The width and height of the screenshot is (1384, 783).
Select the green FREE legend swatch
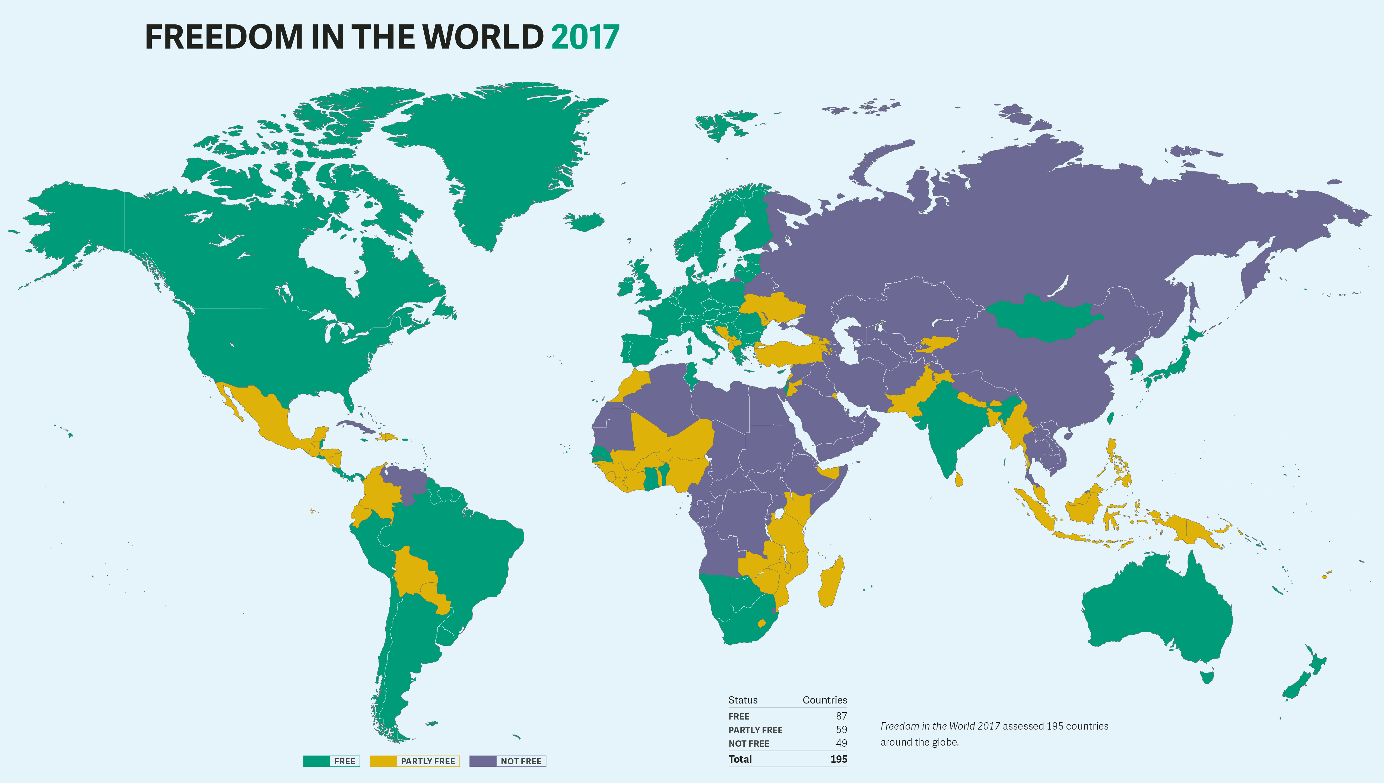click(316, 761)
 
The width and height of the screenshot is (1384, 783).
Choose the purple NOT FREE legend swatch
click(483, 761)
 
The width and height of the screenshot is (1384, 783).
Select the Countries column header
click(824, 700)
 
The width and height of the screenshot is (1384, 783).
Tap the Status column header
click(742, 700)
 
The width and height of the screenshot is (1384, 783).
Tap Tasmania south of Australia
click(1207, 676)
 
